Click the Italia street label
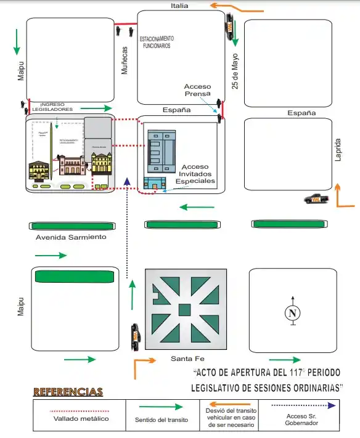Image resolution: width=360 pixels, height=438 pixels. tap(181, 6)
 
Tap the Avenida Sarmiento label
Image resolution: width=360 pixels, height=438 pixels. tap(71, 237)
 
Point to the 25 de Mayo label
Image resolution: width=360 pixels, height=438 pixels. tap(235, 72)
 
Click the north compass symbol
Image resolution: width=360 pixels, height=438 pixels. tap(293, 313)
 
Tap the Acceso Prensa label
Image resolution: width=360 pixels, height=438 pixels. tap(197, 90)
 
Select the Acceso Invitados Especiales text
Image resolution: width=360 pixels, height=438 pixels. tap(195, 174)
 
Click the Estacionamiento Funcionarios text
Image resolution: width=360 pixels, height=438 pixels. tap(157, 41)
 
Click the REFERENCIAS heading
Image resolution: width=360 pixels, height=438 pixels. tap(68, 392)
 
